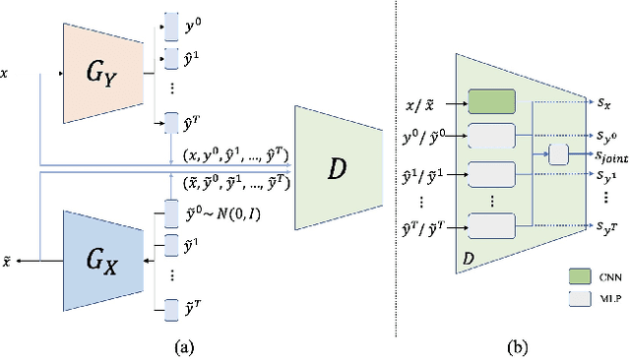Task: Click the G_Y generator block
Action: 94,71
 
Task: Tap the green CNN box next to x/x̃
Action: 492,101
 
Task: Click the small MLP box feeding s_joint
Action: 558,153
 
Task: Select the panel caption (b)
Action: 517,344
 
